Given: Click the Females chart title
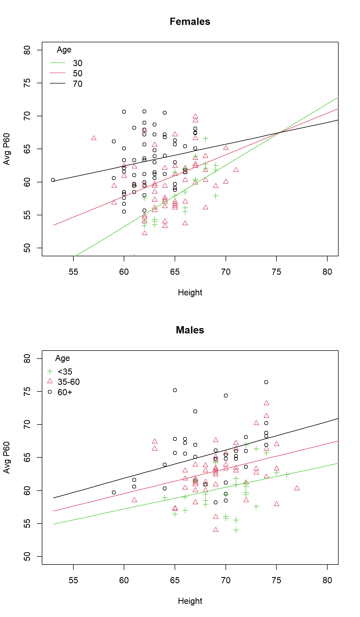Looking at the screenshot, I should [190, 22].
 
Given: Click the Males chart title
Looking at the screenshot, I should [190, 330].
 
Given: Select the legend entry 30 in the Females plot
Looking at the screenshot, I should [77, 63].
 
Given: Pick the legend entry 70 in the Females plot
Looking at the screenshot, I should [77, 84].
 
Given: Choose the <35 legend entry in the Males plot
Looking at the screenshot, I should [65, 372].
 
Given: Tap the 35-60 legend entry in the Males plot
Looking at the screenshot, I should [69, 382].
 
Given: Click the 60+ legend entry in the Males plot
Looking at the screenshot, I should [65, 392].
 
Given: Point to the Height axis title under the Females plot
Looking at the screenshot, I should [190, 292].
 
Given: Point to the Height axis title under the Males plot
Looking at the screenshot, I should [190, 601].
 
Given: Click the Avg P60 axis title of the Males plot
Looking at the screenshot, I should [6, 457].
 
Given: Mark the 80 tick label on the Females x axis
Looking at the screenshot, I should [327, 272].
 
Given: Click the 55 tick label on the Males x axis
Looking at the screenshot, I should [73, 580].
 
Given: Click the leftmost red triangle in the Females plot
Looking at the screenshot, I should [94, 138].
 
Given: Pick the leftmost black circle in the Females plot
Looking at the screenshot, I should [53, 180].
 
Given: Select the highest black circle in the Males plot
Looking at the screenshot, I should [266, 382].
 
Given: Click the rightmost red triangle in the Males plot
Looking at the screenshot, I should [297, 488].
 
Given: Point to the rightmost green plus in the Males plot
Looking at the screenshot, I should [287, 475].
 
